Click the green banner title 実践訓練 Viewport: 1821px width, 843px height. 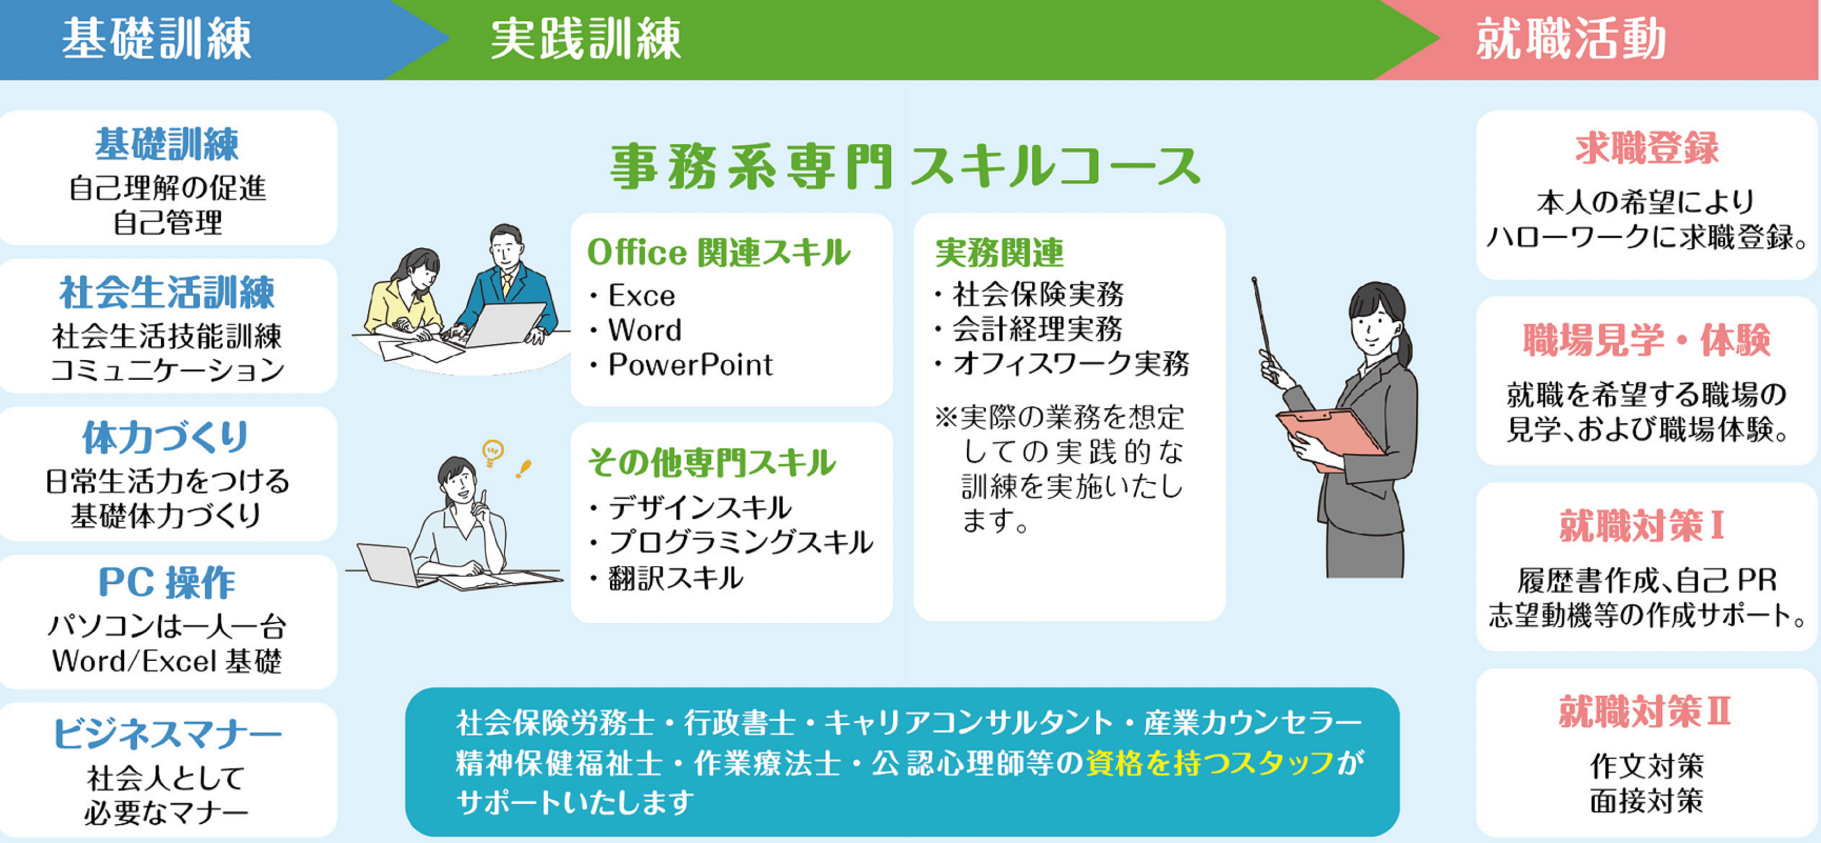point(585,39)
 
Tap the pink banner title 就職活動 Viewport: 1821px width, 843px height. point(1571,39)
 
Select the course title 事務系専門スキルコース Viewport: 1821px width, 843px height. point(905,167)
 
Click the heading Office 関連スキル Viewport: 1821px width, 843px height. point(718,253)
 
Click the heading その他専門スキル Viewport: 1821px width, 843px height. point(712,462)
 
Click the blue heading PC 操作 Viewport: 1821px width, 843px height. point(167,583)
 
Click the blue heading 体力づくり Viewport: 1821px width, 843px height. point(165,437)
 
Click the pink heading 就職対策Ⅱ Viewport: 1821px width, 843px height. point(1645,711)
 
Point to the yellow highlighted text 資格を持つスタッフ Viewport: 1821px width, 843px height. point(1210,762)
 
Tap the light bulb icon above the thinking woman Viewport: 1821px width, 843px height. point(493,452)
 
